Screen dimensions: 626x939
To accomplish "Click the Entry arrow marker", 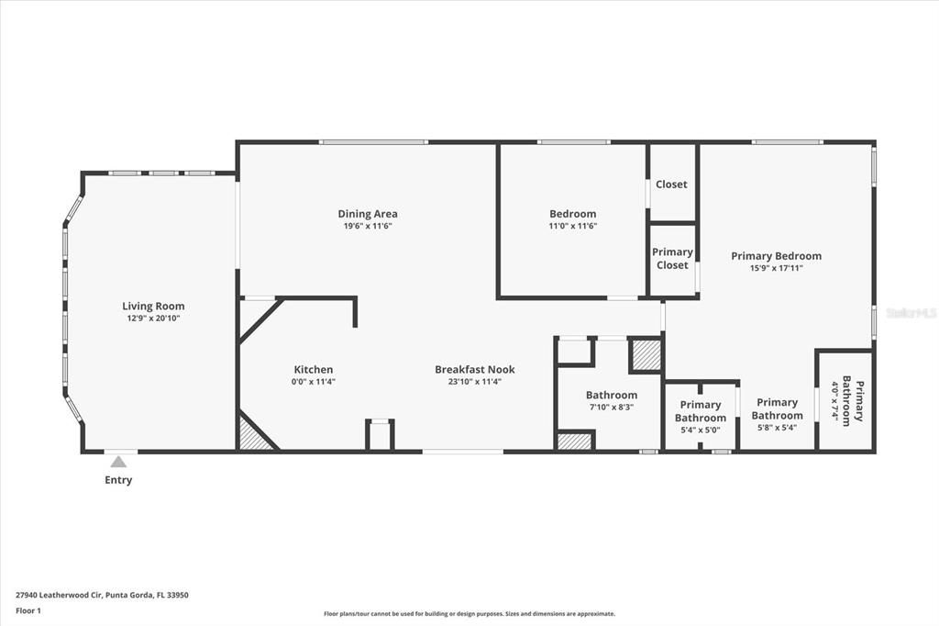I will pyautogui.click(x=118, y=463).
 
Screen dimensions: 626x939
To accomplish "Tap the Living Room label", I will pyautogui.click(x=153, y=307).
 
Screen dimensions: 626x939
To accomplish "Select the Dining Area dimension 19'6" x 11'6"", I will pyautogui.click(x=367, y=226).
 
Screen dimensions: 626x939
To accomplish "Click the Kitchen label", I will pyautogui.click(x=313, y=370).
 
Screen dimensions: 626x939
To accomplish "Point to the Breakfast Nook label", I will pyautogui.click(x=474, y=370).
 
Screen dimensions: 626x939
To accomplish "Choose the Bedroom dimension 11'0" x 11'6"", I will pyautogui.click(x=572, y=226).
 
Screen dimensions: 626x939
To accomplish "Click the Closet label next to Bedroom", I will pyautogui.click(x=671, y=184).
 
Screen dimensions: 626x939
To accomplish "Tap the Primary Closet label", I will pyautogui.click(x=672, y=259).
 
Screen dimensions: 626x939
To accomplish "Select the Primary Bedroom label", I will pyautogui.click(x=776, y=256).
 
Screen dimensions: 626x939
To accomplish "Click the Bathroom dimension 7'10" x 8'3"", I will pyautogui.click(x=611, y=407).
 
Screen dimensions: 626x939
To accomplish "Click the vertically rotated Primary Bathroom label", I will pyautogui.click(x=846, y=399).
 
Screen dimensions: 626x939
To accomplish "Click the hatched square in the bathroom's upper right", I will pyautogui.click(x=646, y=355).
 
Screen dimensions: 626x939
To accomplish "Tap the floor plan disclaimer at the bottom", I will pyautogui.click(x=469, y=614).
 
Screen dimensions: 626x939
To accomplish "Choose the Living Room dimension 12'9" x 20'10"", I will pyautogui.click(x=153, y=319).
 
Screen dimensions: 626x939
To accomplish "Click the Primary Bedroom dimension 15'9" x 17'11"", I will pyautogui.click(x=776, y=268).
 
